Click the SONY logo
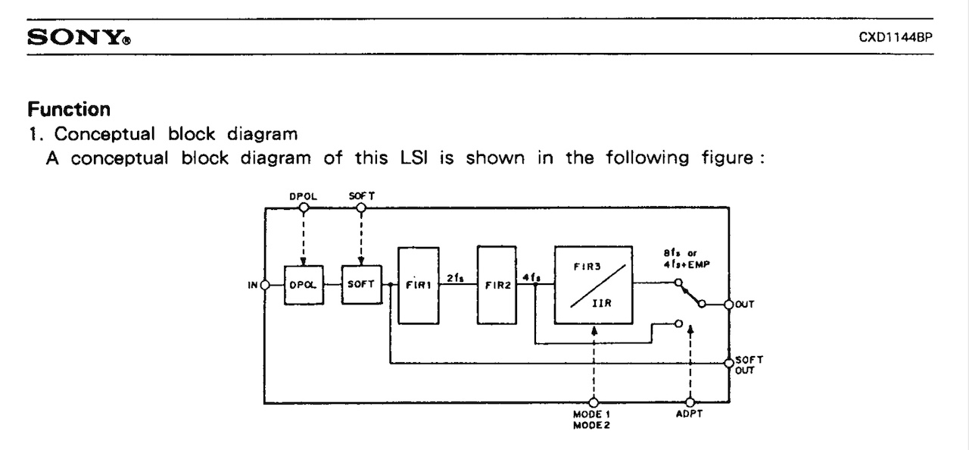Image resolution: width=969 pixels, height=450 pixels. tap(77, 36)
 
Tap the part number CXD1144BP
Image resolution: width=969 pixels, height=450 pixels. tap(894, 36)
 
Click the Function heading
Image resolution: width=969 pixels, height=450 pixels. tap(69, 109)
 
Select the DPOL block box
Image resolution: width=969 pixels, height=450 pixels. tap(304, 285)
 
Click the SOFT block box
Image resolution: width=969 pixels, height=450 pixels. tap(362, 285)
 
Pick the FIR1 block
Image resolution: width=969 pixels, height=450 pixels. tap(418, 285)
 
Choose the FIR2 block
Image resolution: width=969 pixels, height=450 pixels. tap(497, 285)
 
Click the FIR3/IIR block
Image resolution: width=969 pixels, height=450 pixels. tap(594, 285)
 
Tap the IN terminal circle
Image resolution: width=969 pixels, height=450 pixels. tap(265, 285)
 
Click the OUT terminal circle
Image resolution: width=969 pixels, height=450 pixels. tap(729, 304)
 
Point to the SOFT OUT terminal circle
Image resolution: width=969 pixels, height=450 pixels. tap(729, 364)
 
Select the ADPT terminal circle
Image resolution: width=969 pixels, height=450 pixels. tap(690, 402)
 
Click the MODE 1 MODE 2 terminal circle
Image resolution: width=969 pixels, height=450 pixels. tap(594, 402)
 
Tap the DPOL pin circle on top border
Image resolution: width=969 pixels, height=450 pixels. tap(303, 207)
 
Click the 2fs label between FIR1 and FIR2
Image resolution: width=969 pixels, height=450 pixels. tap(456, 277)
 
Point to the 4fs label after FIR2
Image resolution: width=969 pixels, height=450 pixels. tap(532, 277)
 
